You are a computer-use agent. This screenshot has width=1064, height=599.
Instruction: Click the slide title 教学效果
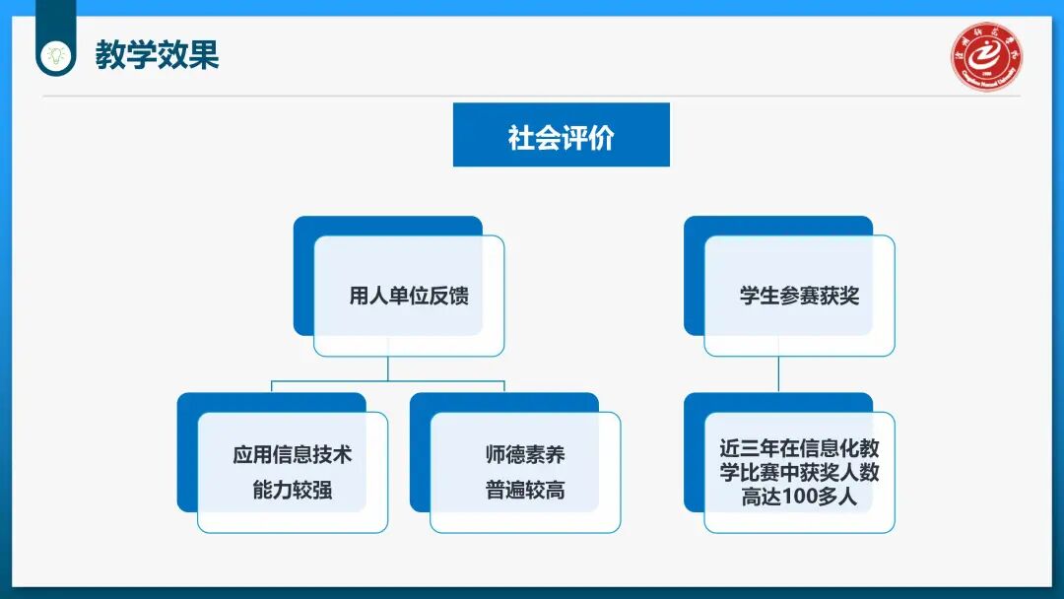point(157,54)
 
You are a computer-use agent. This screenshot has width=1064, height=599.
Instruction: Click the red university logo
point(986,56)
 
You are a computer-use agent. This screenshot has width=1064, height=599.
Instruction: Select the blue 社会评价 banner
point(561,135)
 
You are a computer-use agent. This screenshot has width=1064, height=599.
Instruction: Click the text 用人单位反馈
point(409,296)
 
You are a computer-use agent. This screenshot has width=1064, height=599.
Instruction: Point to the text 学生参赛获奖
point(799,296)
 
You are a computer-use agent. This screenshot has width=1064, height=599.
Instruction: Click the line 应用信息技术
point(292,455)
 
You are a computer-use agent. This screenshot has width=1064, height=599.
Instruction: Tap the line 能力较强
point(292,490)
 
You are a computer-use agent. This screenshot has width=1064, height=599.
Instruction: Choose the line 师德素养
point(524,455)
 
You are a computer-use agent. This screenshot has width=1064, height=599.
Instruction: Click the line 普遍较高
point(524,490)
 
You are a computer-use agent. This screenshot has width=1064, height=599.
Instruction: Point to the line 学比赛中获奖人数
point(799,473)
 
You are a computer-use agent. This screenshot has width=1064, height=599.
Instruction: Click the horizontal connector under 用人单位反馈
point(387,380)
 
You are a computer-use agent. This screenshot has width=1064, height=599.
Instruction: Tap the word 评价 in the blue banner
point(587,137)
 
